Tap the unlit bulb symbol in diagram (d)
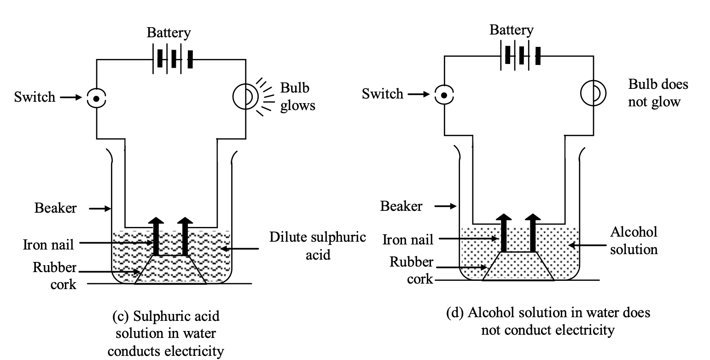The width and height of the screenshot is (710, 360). tap(593, 93)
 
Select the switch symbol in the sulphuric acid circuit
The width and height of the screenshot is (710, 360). tap(96, 98)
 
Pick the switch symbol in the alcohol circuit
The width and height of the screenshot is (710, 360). tap(444, 95)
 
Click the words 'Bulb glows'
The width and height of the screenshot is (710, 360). tap(297, 97)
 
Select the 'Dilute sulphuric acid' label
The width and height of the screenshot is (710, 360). tap(318, 245)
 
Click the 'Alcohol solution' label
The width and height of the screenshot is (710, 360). tap(634, 240)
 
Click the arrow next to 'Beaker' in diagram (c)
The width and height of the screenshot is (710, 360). tap(100, 209)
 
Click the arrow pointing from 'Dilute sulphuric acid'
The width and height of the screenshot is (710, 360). tap(240, 249)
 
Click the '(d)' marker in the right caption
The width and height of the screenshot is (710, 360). tap(455, 313)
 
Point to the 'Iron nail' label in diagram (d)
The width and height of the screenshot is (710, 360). tap(408, 239)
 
